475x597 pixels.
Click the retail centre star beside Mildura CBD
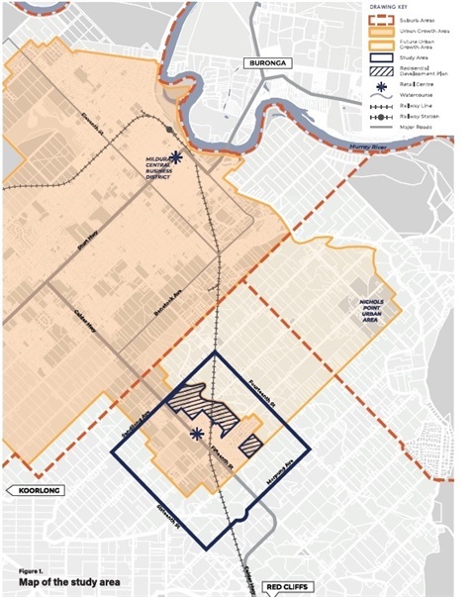(x=176, y=156)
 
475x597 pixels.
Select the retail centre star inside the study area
(x=197, y=433)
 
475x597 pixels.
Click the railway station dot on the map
(x=170, y=130)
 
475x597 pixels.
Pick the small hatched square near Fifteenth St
(x=250, y=445)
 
